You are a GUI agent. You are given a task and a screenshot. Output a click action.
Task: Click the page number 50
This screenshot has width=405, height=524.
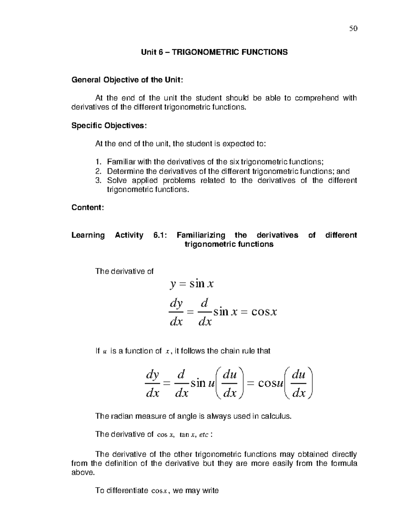click(353, 28)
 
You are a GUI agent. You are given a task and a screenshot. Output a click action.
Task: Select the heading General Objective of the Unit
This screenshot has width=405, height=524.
click(127, 80)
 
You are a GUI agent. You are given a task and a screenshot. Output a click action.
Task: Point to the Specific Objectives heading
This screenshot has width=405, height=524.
click(109, 126)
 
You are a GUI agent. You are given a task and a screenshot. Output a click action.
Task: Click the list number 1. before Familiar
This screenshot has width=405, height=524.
click(98, 162)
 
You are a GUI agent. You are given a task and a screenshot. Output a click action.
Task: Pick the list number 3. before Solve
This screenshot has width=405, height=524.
click(98, 181)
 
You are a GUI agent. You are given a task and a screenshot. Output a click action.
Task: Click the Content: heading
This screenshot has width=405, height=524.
click(87, 208)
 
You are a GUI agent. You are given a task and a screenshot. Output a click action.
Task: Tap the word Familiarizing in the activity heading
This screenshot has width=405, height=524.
click(201, 235)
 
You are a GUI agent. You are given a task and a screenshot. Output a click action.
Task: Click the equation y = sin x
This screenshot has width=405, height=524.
click(192, 284)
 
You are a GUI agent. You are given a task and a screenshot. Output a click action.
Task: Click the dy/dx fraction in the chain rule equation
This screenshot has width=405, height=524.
click(152, 384)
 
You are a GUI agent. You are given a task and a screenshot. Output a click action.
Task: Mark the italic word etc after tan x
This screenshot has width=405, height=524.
click(204, 435)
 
